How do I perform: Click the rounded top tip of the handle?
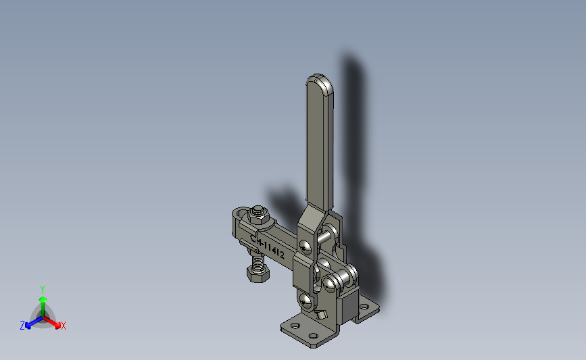[x=319, y=76]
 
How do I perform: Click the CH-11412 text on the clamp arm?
[x=267, y=247]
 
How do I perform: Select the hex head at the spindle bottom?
[x=258, y=274]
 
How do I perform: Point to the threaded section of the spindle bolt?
[x=258, y=259]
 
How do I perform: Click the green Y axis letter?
[x=42, y=290]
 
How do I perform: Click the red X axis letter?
[x=63, y=326]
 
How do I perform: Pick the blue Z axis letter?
[x=22, y=326]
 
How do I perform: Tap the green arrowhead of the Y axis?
[x=43, y=299]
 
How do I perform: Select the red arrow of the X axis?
[x=52, y=323]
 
